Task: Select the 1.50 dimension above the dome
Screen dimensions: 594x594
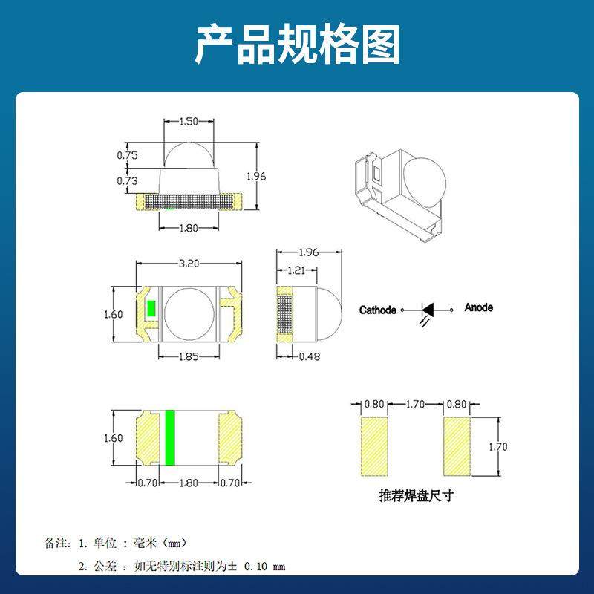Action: tap(189, 121)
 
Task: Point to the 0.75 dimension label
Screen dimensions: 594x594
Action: tap(128, 155)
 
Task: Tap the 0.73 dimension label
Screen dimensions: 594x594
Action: tap(128, 180)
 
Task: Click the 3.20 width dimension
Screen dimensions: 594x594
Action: tap(189, 263)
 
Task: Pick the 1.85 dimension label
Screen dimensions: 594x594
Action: tap(189, 357)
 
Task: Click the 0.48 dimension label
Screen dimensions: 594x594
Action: tap(310, 357)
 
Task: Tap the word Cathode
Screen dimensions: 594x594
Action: tap(378, 310)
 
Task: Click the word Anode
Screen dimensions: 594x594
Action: tap(478, 307)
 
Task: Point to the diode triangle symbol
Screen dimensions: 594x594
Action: tap(429, 308)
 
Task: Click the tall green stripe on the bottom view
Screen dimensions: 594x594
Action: tap(169, 437)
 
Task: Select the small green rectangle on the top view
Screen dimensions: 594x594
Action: tap(151, 309)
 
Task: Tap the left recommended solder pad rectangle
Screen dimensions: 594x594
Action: tap(374, 446)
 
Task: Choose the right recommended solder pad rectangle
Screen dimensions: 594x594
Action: tap(457, 446)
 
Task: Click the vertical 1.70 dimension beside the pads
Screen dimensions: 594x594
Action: tap(497, 446)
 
